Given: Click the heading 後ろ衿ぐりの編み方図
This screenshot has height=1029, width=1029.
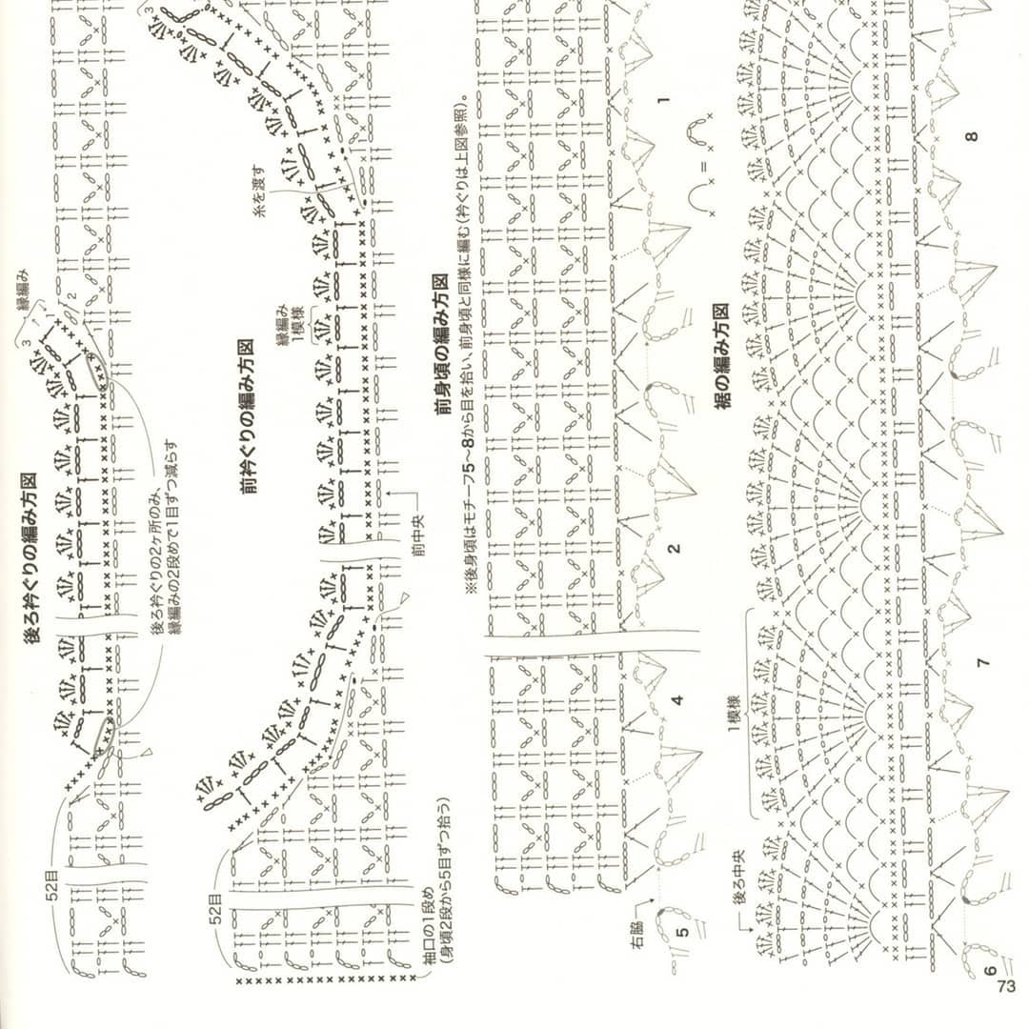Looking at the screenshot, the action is [30, 561].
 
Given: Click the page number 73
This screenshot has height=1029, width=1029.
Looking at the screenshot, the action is [1006, 988].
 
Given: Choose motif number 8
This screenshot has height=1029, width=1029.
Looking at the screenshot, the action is [971, 136].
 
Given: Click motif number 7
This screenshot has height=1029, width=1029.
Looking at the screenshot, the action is [983, 660].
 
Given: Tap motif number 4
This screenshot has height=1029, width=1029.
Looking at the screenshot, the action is [676, 700].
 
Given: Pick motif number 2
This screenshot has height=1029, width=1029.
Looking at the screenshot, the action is [674, 549].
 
